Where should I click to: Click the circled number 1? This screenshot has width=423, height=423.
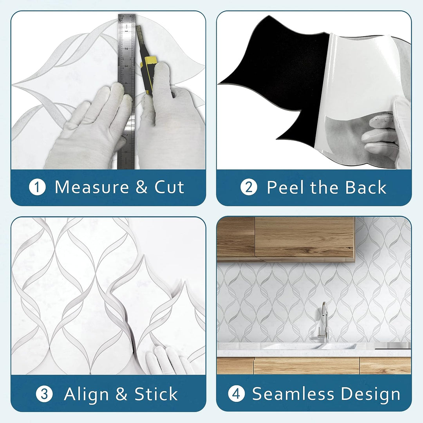click(x=37, y=187)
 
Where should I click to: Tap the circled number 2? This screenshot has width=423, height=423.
click(x=249, y=187)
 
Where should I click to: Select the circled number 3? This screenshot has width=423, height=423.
click(x=44, y=394)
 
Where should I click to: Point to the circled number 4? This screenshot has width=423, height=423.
click(x=236, y=394)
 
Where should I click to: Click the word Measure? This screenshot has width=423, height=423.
click(x=92, y=187)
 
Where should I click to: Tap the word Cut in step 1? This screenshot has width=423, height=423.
click(x=169, y=187)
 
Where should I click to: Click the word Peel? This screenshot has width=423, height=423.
click(x=286, y=187)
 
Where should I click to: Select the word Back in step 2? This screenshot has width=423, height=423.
click(x=366, y=187)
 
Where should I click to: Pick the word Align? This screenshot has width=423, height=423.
click(x=86, y=394)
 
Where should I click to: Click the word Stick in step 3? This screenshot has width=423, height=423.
click(x=156, y=394)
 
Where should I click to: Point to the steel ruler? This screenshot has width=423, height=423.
click(x=127, y=91)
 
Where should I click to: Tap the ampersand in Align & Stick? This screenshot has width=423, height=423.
click(x=121, y=394)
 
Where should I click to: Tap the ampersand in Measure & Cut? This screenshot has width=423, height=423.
click(x=141, y=187)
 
